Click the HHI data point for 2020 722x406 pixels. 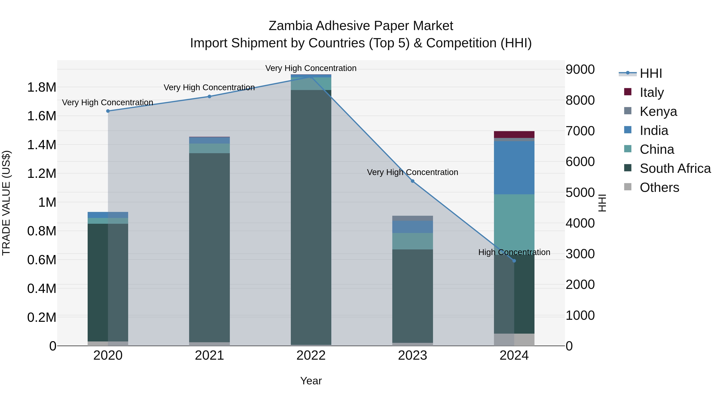click(108, 111)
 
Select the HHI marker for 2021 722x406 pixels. click(209, 96)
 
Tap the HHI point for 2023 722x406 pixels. click(413, 181)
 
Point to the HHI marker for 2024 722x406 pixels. click(514, 261)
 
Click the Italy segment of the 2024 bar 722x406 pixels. click(514, 135)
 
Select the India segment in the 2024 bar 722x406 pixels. click(514, 168)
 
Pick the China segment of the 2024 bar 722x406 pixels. click(514, 221)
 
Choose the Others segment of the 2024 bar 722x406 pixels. click(514, 340)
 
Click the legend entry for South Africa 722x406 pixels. click(675, 168)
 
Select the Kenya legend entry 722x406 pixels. click(658, 111)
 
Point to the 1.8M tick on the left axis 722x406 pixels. click(42, 87)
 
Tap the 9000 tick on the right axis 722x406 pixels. click(580, 70)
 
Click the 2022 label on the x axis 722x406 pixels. click(311, 355)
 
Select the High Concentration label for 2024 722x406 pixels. click(514, 252)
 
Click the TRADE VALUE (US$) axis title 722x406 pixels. click(6, 203)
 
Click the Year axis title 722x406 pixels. click(311, 381)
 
